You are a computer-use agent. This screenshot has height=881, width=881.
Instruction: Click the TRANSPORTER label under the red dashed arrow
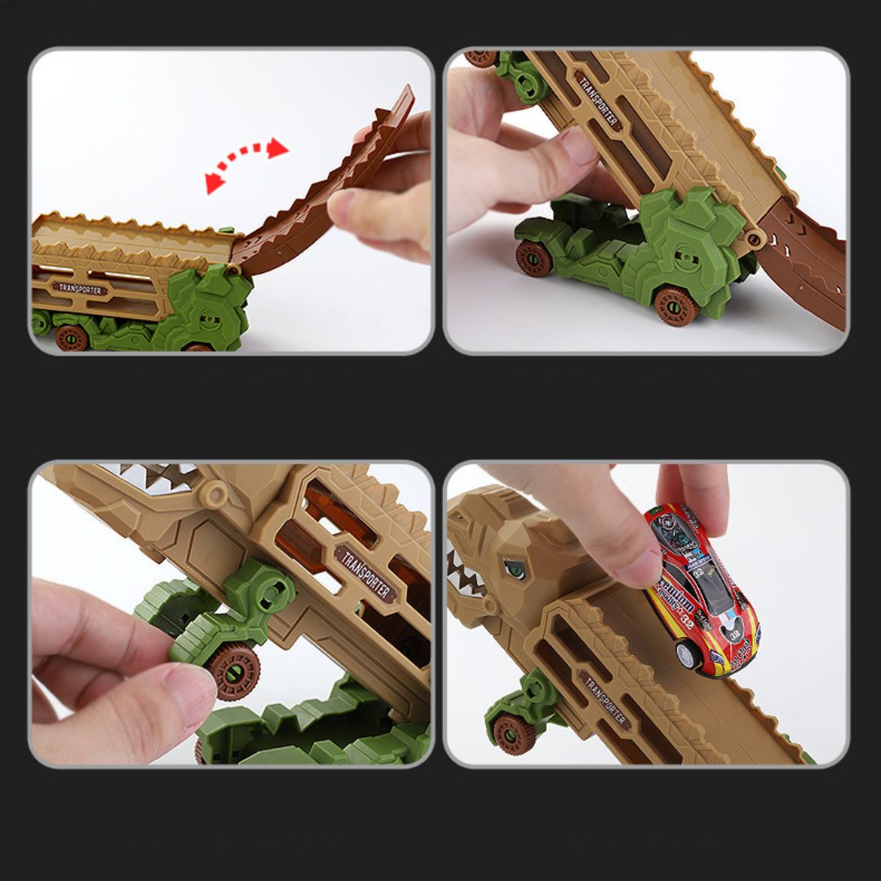click(80, 288)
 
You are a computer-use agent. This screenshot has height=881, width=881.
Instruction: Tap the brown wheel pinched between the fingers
click(234, 670)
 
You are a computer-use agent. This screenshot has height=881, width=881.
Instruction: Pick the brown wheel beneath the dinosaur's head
click(515, 733)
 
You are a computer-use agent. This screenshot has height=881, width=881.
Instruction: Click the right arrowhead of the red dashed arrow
click(277, 148)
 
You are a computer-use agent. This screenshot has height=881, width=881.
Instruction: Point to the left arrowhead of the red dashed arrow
click(215, 183)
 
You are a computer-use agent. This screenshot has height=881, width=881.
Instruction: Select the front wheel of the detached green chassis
click(675, 305)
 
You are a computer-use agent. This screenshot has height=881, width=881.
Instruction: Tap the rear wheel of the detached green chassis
click(533, 258)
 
